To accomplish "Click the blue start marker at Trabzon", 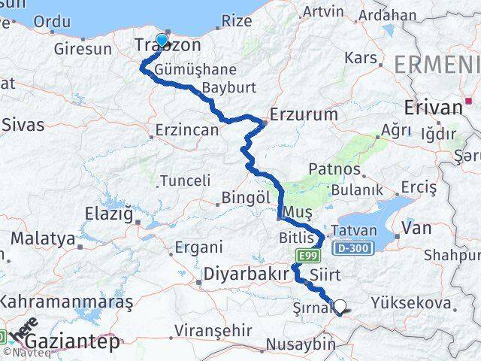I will point(162,40).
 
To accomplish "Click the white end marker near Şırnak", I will point(340,307).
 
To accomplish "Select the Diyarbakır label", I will point(246,275).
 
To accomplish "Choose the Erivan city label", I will point(433,108).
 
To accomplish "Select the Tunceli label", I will point(186,180).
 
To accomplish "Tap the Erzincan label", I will point(186,130).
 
